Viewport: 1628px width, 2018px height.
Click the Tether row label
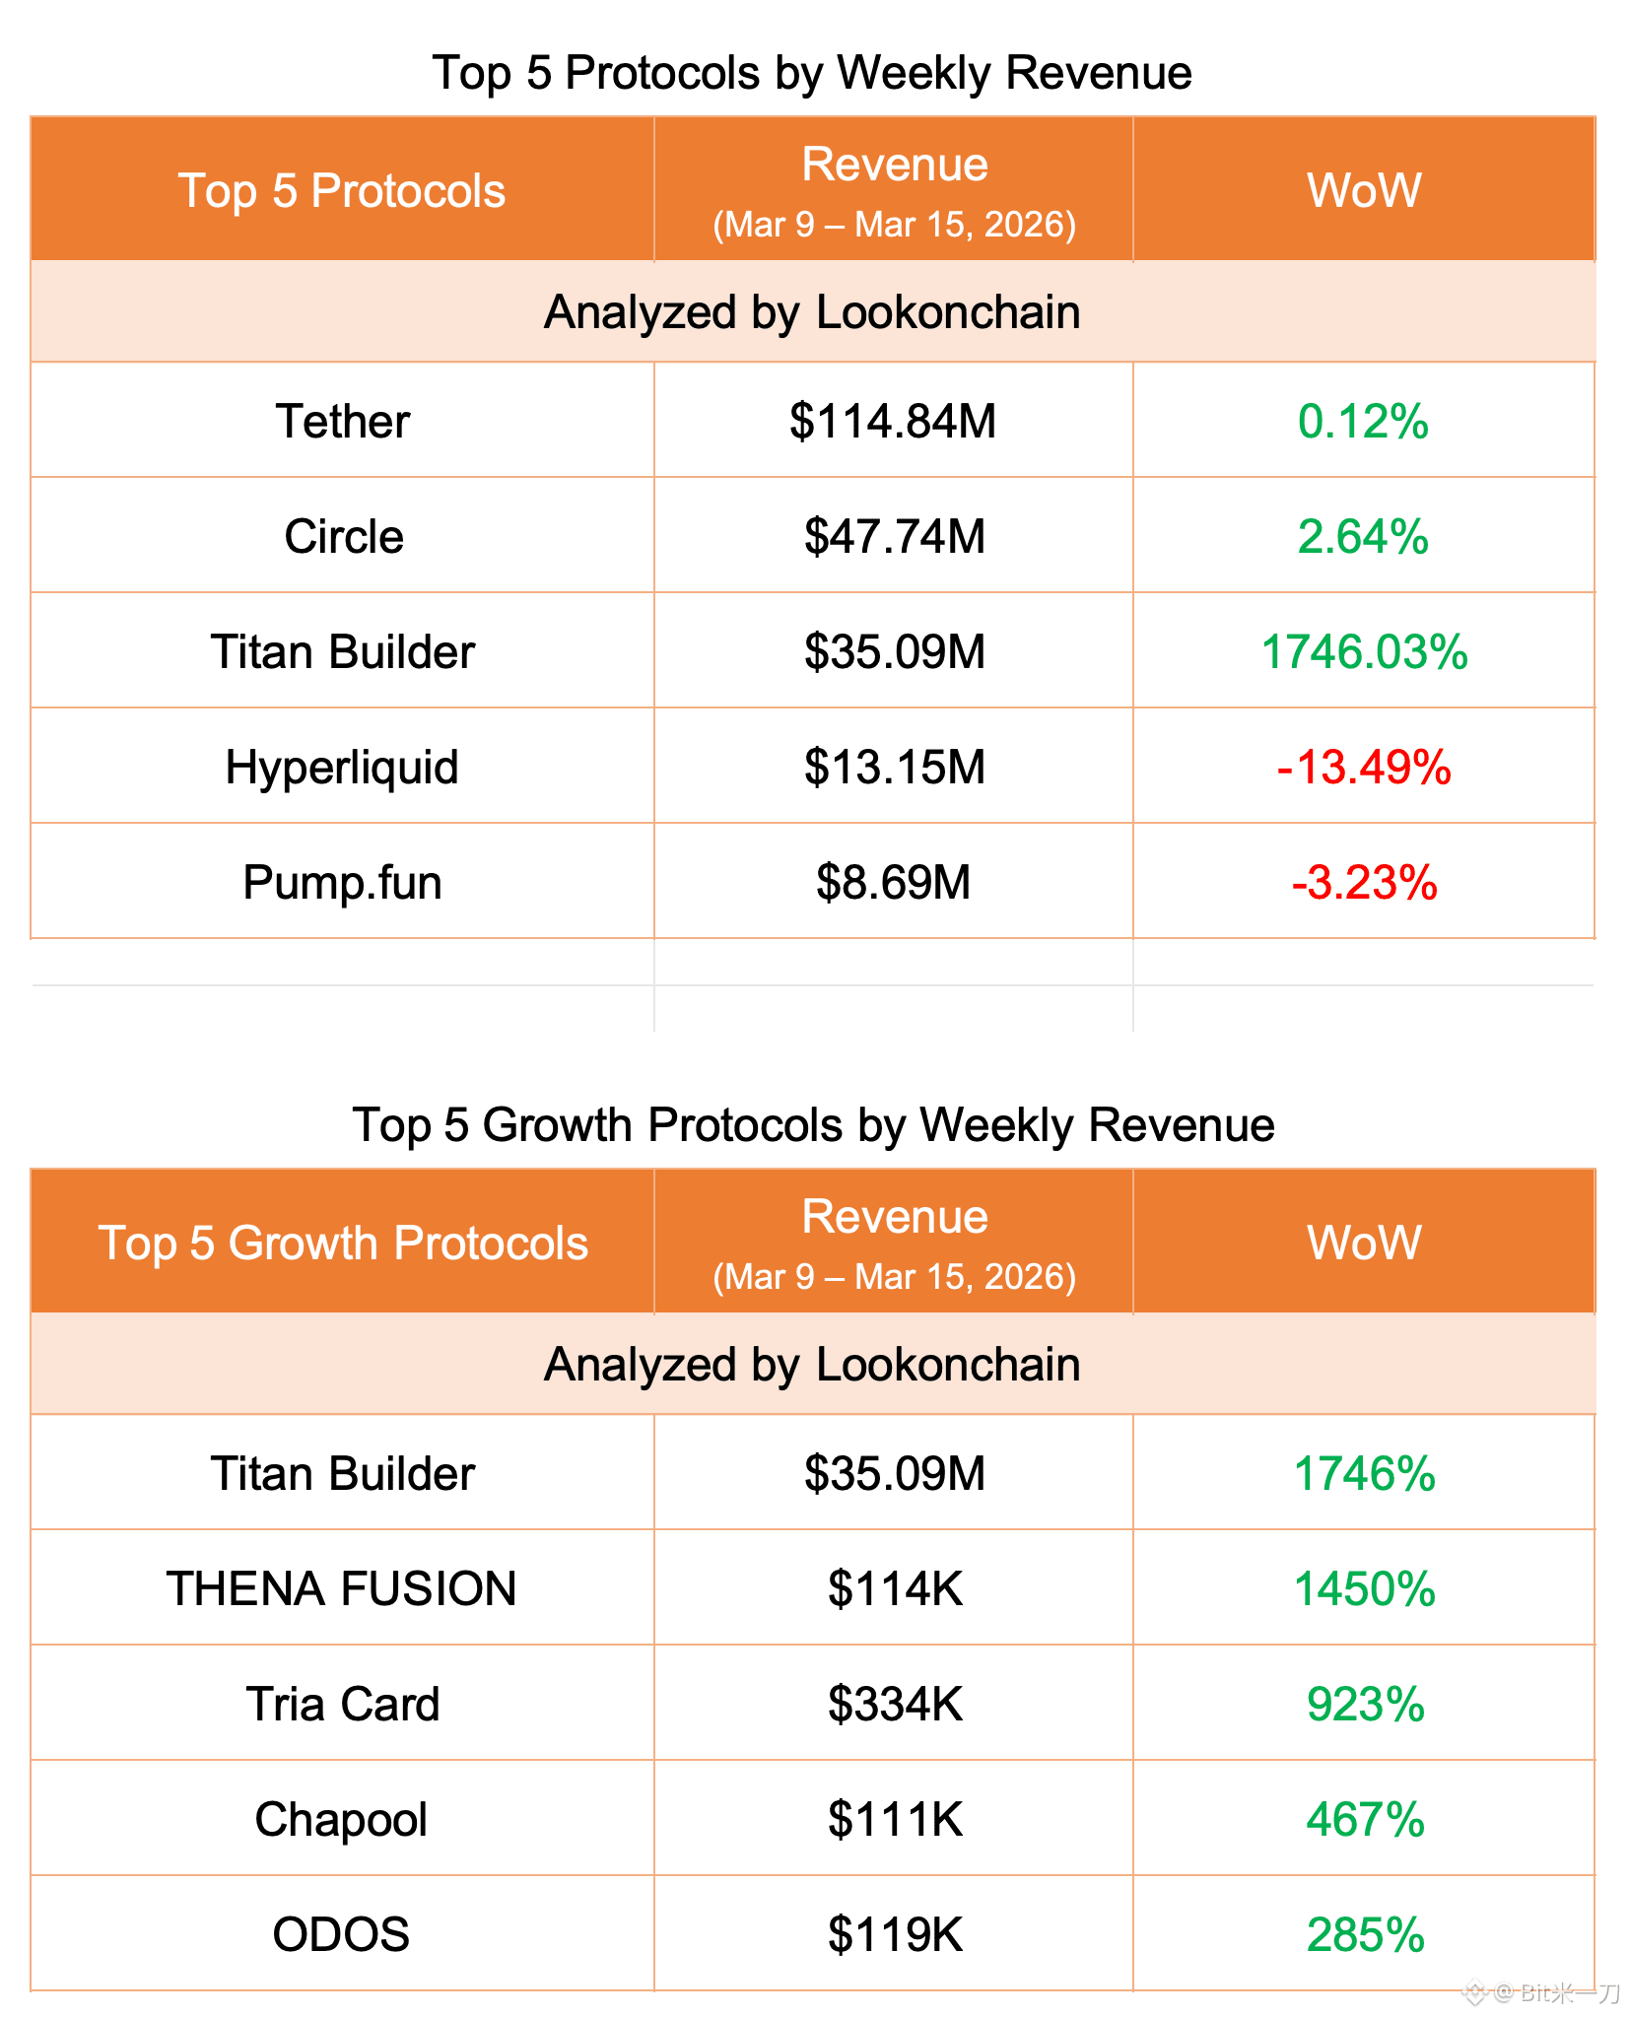(342, 421)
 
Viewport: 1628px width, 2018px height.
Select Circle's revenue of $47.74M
(894, 536)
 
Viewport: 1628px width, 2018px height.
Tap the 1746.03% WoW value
(1364, 651)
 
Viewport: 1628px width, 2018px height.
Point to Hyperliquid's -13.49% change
(1364, 767)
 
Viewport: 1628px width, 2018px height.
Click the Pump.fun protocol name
(342, 882)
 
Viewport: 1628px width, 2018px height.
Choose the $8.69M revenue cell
(894, 882)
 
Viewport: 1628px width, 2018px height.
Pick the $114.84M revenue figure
(894, 421)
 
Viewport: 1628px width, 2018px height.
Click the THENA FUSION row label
(342, 1588)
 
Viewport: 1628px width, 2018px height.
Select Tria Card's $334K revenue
(894, 1704)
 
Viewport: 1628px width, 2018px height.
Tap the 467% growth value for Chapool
(1365, 1819)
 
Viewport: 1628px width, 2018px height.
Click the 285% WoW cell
(1365, 1934)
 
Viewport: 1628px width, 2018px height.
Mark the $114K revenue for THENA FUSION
(894, 1588)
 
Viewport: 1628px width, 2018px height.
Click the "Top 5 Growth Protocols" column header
(343, 1243)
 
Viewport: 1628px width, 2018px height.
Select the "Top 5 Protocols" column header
(342, 190)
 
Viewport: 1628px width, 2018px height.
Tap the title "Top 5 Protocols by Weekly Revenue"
(812, 73)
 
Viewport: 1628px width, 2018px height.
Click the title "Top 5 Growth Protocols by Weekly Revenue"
(813, 1124)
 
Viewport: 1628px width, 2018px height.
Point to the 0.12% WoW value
(1364, 421)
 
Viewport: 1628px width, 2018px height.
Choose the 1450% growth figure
(1364, 1588)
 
